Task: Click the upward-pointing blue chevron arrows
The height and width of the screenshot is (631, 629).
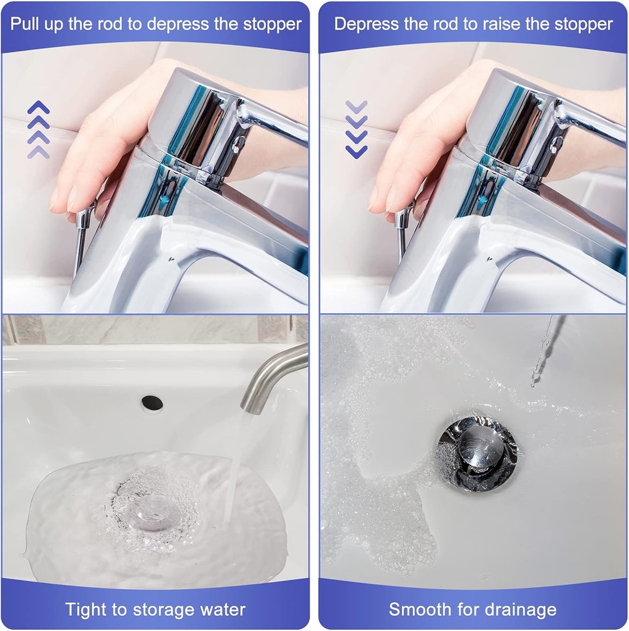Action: coord(38,129)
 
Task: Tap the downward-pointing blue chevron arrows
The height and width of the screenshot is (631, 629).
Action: coord(356,129)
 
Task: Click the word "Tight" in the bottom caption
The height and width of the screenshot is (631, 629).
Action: coord(86,609)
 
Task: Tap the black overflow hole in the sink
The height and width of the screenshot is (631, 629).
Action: coord(152,403)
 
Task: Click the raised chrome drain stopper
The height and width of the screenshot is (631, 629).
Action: coord(479,449)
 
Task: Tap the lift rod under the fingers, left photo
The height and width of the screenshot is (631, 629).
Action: coord(81,240)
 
